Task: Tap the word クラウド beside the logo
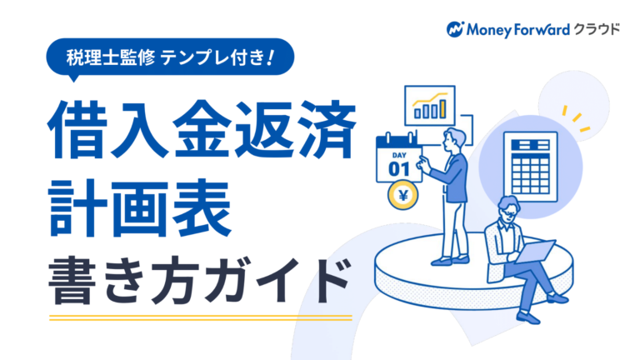pyautogui.click(x=597, y=29)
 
